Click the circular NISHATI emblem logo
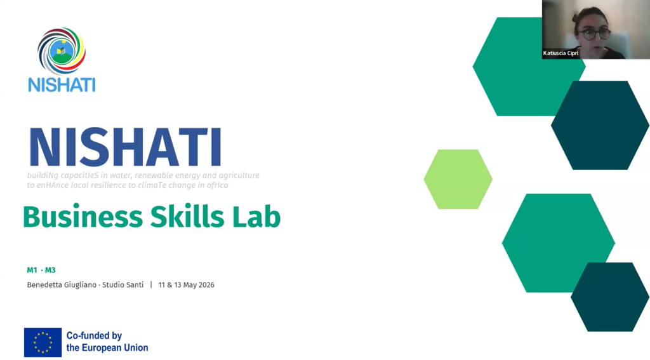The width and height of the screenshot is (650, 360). click(62, 51)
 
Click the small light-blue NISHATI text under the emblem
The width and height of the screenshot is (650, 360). click(62, 84)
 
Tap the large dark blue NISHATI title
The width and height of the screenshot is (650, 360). click(125, 147)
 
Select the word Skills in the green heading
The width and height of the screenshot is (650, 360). click(187, 216)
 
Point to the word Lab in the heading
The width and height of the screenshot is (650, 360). click(256, 216)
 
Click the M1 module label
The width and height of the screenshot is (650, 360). click(32, 270)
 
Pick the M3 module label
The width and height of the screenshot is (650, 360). click(50, 270)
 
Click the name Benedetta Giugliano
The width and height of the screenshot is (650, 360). click(62, 285)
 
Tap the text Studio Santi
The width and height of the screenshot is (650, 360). click(123, 285)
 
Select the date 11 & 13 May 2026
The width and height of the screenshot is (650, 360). click(186, 285)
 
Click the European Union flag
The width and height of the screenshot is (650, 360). click(43, 343)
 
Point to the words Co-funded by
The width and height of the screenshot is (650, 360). click(94, 335)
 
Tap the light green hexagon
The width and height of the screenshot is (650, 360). click(458, 179)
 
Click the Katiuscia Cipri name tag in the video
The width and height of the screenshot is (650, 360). click(560, 53)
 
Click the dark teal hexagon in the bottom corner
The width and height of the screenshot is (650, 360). click(610, 297)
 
